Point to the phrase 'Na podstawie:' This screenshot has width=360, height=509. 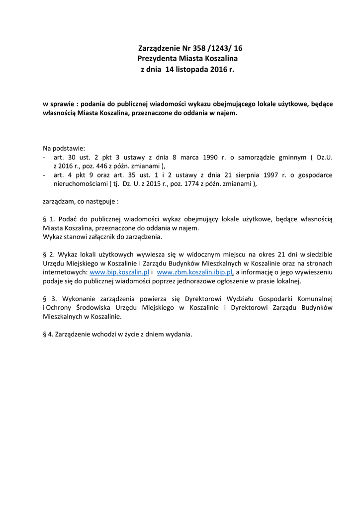tap(64, 148)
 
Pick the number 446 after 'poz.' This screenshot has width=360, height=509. tap(106, 166)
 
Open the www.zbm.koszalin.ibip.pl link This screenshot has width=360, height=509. tap(195, 272)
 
